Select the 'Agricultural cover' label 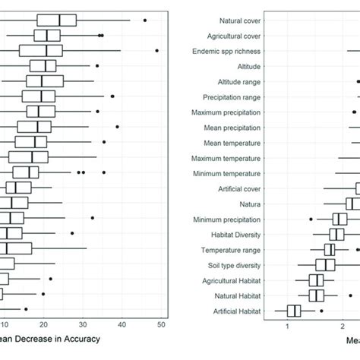pyautogui.click(x=233, y=36)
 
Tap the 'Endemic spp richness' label pyautogui.click(x=229, y=51)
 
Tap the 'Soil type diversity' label pyautogui.click(x=231, y=265)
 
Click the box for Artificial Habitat pyautogui.click(x=293, y=310)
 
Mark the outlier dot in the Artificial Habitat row pyautogui.click(x=321, y=310)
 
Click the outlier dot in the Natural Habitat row pyautogui.click(x=350, y=295)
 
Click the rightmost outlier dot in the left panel pyautogui.click(x=156, y=51)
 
